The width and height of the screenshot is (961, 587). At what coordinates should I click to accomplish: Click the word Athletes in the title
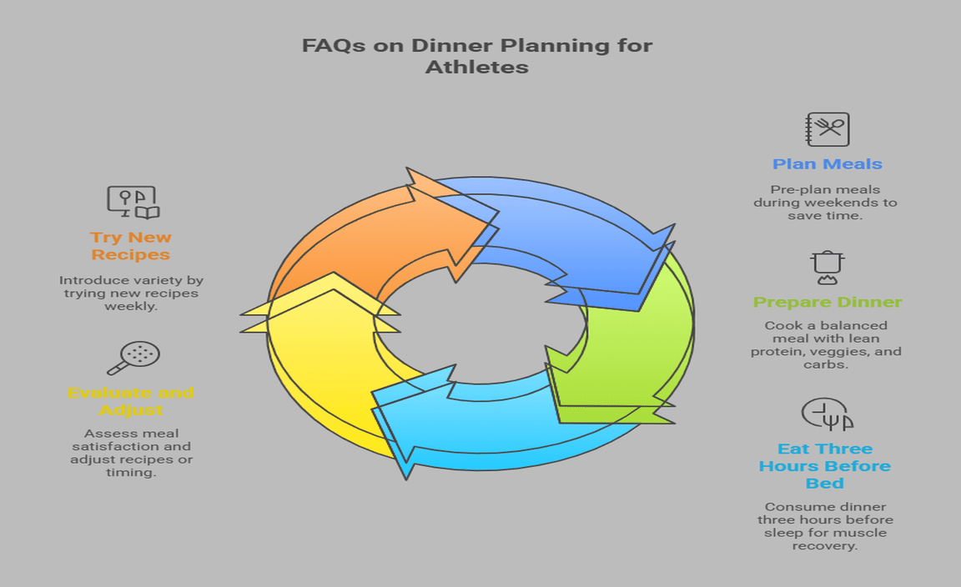476,68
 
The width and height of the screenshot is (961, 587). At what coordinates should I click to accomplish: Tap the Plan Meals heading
827,164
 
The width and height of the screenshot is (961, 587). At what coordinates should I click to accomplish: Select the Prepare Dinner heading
827,302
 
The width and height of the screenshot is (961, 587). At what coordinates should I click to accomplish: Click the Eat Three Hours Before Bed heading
824,466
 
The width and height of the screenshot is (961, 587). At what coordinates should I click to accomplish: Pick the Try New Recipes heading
131,246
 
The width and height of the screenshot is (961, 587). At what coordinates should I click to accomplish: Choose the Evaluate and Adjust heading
130,401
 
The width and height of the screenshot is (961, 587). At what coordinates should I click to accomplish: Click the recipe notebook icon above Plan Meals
827,129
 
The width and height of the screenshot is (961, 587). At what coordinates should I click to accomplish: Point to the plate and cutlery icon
826,414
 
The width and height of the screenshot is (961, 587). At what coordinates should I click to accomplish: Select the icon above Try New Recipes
133,202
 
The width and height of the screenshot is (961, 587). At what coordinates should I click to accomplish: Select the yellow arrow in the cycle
325,375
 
